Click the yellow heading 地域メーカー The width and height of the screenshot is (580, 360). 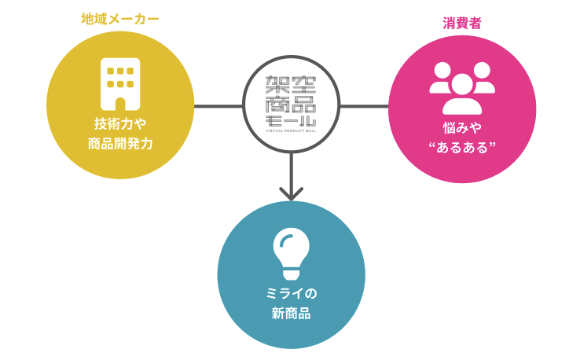[120, 18]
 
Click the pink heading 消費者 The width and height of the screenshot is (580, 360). [461, 23]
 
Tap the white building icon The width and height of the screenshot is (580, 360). [120, 84]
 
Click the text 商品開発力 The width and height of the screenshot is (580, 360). [120, 144]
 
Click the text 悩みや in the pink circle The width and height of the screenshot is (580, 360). [462, 127]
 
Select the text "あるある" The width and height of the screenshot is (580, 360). [462, 147]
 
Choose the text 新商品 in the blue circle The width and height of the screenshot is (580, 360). [291, 314]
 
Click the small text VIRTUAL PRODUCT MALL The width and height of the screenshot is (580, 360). [291, 132]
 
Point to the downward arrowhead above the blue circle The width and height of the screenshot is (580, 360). [291, 193]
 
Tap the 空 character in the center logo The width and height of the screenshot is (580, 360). [303, 84]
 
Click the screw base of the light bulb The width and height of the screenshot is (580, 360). [291, 274]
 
